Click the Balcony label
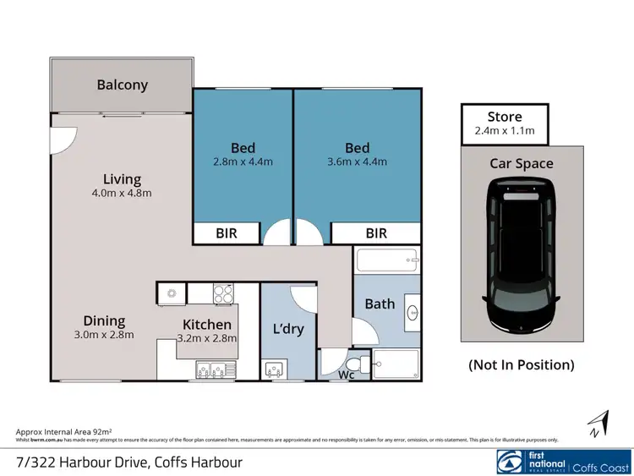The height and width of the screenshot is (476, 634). (x=122, y=85)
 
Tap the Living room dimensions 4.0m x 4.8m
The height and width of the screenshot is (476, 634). (x=122, y=194)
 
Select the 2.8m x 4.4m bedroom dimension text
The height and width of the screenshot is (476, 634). (x=243, y=161)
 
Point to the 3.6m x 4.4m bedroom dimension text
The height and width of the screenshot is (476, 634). (x=358, y=161)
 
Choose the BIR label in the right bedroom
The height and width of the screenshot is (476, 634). (x=375, y=233)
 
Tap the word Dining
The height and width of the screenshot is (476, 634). (x=104, y=320)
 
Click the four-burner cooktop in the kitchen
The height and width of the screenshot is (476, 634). (x=224, y=293)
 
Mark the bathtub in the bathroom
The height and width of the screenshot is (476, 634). (x=387, y=260)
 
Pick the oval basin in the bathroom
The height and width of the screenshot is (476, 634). (x=412, y=311)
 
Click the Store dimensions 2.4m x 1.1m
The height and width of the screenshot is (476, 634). (x=505, y=131)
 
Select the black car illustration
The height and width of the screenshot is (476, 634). (x=522, y=258)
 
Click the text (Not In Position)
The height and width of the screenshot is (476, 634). (x=522, y=365)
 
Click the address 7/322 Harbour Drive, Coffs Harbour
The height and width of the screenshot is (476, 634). (x=129, y=462)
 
